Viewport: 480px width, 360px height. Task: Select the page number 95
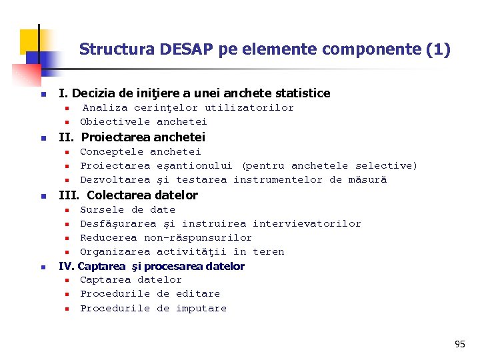460,344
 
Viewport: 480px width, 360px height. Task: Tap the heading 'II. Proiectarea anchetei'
132,137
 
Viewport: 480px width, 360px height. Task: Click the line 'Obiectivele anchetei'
143,121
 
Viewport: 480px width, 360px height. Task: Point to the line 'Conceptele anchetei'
140,151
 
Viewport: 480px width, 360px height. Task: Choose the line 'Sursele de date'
127,209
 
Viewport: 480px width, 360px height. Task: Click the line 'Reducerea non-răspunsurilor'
166,237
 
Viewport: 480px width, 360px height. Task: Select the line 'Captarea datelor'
131,279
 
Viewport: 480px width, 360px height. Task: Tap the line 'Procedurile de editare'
150,293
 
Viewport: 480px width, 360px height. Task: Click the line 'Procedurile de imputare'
153,308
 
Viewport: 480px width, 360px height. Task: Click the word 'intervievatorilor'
307,223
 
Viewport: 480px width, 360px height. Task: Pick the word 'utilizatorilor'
249,107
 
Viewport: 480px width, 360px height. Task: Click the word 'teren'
268,251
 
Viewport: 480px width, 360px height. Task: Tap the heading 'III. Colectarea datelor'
129,195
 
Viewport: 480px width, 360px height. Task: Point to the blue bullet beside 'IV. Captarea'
41,267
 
